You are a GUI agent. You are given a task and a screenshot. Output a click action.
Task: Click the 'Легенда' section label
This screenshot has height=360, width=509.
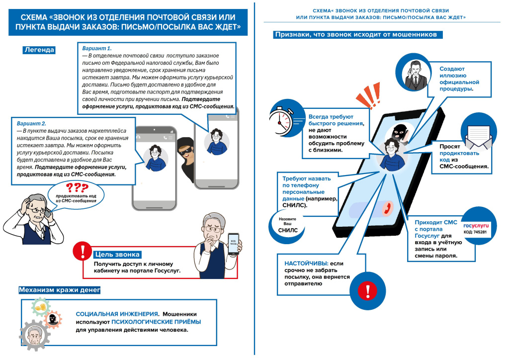[x=39, y=50]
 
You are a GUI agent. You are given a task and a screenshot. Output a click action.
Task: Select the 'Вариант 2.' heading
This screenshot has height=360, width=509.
[x=31, y=123]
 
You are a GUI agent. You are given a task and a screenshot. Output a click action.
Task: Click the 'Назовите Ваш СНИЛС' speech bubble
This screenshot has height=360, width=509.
[x=288, y=224]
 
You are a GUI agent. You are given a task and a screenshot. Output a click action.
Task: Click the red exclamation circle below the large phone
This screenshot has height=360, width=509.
[x=368, y=290]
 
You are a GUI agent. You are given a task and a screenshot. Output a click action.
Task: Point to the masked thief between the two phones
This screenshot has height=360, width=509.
[x=184, y=155]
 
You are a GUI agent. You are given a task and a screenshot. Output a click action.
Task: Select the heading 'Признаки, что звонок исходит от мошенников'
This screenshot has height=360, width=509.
[x=355, y=35]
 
